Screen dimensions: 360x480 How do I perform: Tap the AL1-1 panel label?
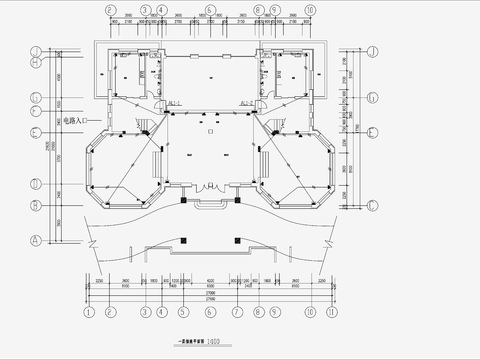tap(175, 102)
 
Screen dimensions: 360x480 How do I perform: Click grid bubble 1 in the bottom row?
tap(89, 311)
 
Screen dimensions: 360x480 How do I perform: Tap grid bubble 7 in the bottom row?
tap(237, 311)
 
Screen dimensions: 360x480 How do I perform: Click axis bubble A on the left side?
tap(35, 240)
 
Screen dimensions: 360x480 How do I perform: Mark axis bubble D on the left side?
tap(35, 184)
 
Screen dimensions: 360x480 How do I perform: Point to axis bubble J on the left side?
tap(35, 51)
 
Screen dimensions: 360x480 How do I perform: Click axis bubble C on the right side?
tap(371, 204)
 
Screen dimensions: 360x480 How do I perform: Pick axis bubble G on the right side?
tap(371, 98)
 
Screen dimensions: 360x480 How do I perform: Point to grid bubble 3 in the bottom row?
tap(145, 311)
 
